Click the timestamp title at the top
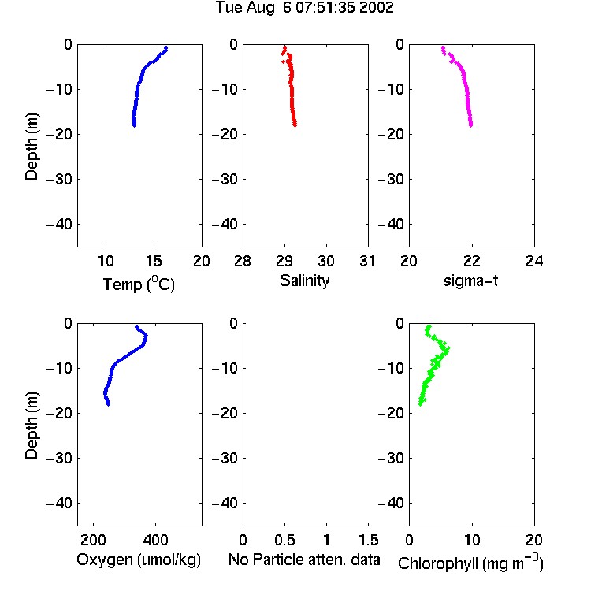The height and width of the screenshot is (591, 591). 304,7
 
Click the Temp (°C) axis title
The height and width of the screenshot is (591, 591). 139,284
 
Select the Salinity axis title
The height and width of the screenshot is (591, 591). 304,281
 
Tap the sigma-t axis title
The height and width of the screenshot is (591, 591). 470,281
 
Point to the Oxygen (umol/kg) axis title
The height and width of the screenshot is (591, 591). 139,559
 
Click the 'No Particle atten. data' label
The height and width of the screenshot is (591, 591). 304,559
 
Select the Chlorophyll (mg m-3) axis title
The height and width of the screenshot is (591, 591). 470,563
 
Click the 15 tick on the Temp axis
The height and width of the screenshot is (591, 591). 154,261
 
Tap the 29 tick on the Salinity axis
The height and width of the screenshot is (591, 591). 284,261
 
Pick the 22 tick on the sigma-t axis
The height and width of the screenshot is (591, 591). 471,261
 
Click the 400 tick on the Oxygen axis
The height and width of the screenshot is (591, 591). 155,540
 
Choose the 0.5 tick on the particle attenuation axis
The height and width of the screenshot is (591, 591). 284,540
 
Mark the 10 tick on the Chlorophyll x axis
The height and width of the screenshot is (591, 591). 472,540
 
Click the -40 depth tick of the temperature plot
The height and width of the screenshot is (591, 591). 59,225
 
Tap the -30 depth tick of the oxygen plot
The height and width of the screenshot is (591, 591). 59,458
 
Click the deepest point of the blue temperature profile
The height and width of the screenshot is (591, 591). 134,125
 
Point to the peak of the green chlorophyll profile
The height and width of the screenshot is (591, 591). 448,349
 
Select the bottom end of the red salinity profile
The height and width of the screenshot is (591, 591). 295,125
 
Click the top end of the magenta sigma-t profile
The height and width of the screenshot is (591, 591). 443,48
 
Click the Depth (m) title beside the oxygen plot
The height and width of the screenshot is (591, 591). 32,426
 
